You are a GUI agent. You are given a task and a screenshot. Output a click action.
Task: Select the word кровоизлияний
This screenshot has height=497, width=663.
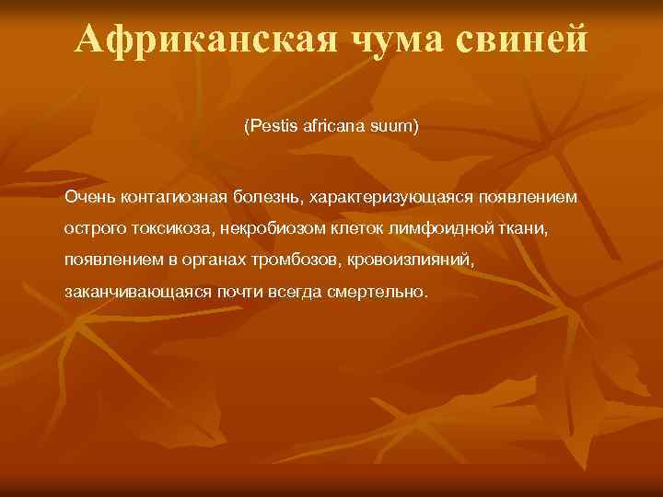coord(411,260)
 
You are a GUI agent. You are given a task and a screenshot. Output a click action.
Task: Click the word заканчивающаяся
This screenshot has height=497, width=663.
coord(122,292)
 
